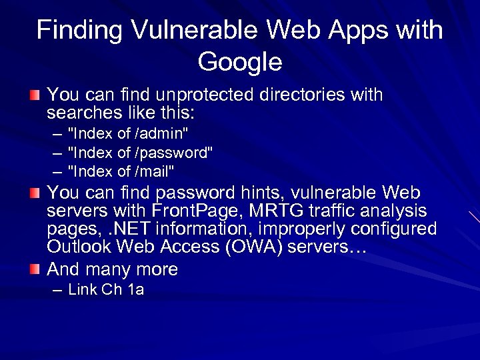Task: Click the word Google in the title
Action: point(240,62)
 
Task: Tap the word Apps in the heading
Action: point(343,29)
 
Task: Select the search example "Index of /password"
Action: point(141,153)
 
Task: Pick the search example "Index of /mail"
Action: point(121,171)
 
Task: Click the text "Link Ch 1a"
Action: point(106,289)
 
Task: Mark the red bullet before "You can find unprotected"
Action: point(35,95)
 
